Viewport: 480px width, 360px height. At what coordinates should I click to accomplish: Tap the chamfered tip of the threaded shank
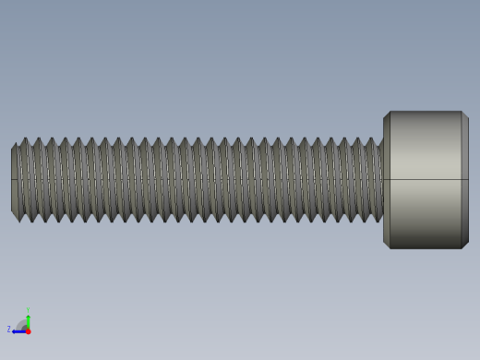coord(14,180)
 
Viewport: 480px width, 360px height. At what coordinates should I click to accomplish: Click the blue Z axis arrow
coord(18,330)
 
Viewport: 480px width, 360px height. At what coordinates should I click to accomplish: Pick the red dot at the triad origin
coord(28,330)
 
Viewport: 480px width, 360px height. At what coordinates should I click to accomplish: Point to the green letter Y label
coord(28,309)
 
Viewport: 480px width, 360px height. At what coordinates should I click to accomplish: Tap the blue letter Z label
coord(9,330)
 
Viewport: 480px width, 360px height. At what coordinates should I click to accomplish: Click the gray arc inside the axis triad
coord(22,324)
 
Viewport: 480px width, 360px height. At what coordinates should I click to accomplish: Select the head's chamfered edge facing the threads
coord(387,180)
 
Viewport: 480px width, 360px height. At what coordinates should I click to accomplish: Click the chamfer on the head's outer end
coord(465,180)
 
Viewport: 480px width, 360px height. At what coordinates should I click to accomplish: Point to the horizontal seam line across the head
coord(426,179)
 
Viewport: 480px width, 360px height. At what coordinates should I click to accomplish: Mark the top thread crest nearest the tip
coord(25,139)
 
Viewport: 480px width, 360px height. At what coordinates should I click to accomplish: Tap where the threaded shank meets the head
coord(382,180)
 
